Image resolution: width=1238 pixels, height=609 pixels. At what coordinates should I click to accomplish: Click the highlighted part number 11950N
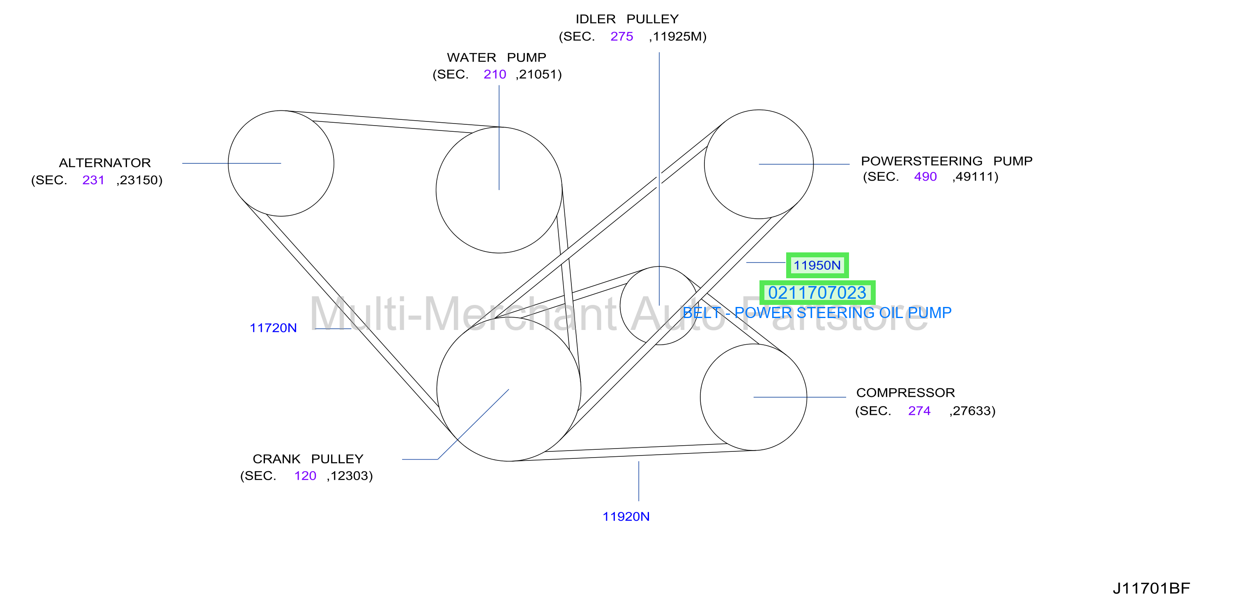click(817, 265)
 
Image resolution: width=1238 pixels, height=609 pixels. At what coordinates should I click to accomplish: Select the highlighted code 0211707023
click(817, 293)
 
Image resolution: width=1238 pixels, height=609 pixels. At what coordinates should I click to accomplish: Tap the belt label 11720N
click(273, 328)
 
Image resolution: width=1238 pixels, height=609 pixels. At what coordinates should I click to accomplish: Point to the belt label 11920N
click(626, 517)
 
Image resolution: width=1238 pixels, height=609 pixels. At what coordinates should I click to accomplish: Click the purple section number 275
click(621, 37)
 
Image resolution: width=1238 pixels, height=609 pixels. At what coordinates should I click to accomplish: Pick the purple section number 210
click(495, 74)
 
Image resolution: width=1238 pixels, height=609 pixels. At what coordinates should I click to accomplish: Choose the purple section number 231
click(93, 180)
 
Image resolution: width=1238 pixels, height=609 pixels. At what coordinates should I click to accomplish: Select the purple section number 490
click(925, 177)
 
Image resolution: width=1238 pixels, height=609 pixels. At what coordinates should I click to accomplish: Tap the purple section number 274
click(919, 411)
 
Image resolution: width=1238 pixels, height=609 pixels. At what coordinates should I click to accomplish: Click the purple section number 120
click(305, 476)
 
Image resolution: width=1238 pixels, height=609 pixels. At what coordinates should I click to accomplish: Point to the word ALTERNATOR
click(105, 163)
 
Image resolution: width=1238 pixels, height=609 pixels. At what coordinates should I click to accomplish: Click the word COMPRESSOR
click(905, 393)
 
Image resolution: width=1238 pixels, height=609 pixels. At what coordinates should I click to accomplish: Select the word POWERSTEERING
click(921, 161)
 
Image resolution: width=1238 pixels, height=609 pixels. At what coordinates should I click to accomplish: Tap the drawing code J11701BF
click(1151, 588)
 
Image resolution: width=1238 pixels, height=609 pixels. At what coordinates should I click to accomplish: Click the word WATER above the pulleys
click(472, 57)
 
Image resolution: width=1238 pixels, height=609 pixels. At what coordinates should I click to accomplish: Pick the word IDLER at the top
click(596, 19)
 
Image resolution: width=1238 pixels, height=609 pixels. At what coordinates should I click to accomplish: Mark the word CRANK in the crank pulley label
click(276, 459)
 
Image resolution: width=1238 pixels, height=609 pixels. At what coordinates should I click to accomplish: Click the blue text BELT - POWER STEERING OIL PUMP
click(817, 313)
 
